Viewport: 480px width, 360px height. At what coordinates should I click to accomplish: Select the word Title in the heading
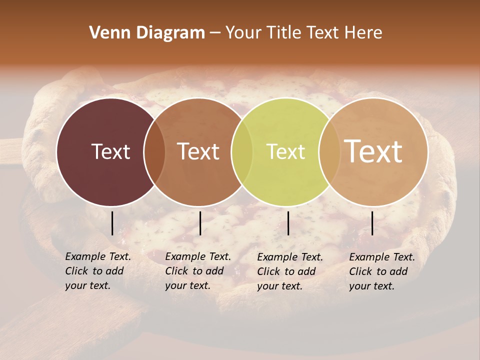point(285,33)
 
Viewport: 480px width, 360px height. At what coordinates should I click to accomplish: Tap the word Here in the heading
point(363,33)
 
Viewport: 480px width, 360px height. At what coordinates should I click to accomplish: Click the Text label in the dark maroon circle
point(110,151)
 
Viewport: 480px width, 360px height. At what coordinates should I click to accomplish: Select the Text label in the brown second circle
point(198,151)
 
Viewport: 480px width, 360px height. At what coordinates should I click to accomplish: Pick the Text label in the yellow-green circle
point(285,151)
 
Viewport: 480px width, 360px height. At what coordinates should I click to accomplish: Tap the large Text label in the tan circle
point(373,151)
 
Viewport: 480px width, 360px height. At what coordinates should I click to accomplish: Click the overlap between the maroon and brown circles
point(154,151)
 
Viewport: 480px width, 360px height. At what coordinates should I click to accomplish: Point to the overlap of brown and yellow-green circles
point(242,151)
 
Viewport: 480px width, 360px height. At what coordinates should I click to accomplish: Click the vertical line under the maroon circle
point(112,223)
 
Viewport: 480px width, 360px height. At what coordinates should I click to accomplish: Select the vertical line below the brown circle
point(200,223)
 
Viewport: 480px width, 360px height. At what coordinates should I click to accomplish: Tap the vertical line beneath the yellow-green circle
point(288,223)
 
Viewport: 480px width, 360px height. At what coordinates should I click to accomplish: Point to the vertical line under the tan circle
point(372,223)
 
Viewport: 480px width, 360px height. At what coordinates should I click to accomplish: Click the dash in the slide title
point(215,33)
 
